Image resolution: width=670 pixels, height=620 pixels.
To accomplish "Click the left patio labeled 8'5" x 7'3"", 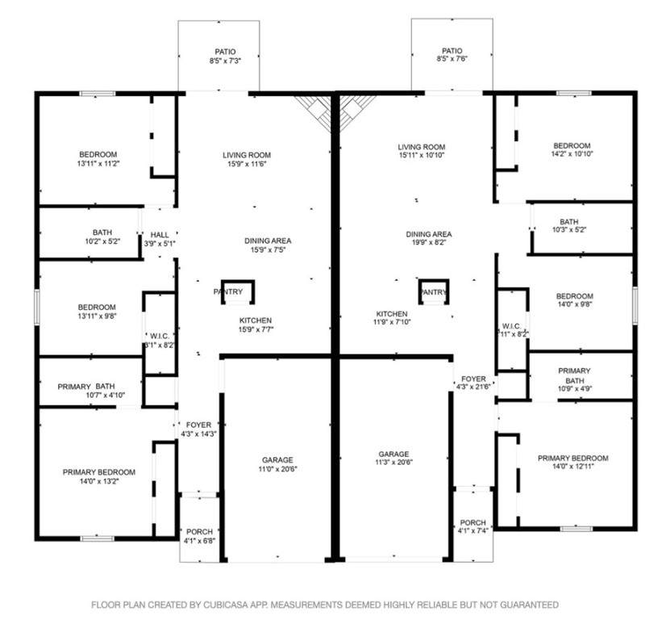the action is coord(218,56).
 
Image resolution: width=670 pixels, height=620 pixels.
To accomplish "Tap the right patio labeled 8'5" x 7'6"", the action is coord(452,54).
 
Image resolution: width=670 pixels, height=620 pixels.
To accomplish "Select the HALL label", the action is coord(160,235).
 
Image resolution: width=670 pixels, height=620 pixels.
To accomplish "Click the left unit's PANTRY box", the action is coord(238,292).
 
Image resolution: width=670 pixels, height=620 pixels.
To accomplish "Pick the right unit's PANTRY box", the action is coord(434,291).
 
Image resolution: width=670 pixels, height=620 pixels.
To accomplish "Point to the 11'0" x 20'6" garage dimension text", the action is coord(277,469).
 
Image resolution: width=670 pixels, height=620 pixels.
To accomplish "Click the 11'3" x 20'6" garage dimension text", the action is coord(394,463).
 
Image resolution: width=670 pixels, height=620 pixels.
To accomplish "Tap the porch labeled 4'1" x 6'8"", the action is coord(199,528).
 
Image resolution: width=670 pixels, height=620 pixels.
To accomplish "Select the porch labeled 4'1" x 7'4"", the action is coord(473,525).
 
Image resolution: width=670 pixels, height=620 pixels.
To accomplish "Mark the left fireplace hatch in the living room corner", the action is coord(313,110).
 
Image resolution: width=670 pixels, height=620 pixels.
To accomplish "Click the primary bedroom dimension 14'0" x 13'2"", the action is coord(99,481).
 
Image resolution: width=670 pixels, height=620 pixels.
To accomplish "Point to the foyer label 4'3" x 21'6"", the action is coord(473,387).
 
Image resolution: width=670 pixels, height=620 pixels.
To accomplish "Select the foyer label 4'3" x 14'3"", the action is coord(198,434).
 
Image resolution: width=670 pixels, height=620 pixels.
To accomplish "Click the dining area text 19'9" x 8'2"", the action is coord(429,243).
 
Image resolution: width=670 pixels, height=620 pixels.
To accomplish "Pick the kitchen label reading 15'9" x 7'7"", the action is coord(256,325).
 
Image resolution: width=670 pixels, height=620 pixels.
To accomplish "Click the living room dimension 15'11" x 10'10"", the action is coord(422,155).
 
